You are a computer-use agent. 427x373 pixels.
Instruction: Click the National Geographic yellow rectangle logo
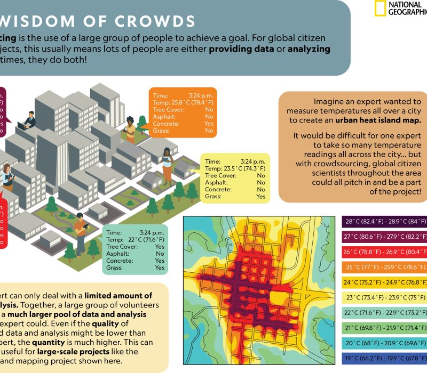coord(379,9)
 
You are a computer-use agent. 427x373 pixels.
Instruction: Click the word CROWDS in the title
coord(155,21)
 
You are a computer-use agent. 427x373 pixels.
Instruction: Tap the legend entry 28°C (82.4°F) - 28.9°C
coord(384,222)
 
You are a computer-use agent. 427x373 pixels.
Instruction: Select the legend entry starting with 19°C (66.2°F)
coord(384,358)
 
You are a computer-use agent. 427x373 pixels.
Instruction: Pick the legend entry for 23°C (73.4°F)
coord(384,297)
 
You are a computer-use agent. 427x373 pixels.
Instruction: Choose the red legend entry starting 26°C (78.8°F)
coord(384,252)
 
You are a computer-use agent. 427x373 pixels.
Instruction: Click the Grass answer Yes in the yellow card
coord(260,197)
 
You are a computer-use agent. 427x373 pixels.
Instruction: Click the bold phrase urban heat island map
coord(378,120)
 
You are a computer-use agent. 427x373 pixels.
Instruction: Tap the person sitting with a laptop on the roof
coord(27,121)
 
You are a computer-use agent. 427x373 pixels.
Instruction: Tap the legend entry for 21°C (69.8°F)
coord(384,328)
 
